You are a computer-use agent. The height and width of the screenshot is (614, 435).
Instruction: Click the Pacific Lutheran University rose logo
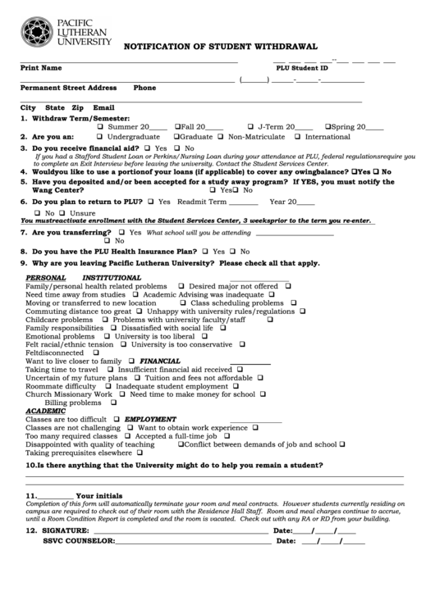(x=35, y=31)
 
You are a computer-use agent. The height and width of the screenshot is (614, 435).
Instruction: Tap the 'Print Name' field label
(x=40, y=68)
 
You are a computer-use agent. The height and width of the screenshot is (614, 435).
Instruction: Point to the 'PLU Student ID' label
(x=302, y=69)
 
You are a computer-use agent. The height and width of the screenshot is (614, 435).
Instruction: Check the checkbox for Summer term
(x=101, y=127)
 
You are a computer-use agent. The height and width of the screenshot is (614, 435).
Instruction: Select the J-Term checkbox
(x=250, y=127)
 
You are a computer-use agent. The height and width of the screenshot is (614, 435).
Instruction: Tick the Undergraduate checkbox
(x=100, y=137)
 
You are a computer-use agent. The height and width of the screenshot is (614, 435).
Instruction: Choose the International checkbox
(x=298, y=137)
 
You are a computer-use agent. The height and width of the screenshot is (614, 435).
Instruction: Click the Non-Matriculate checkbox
(x=222, y=137)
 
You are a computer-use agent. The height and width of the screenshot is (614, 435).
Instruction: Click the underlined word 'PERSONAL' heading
(x=46, y=278)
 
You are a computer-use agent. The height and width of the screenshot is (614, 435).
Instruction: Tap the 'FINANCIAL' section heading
(x=160, y=361)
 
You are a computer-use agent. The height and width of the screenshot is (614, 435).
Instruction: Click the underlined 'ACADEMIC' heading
(x=45, y=411)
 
